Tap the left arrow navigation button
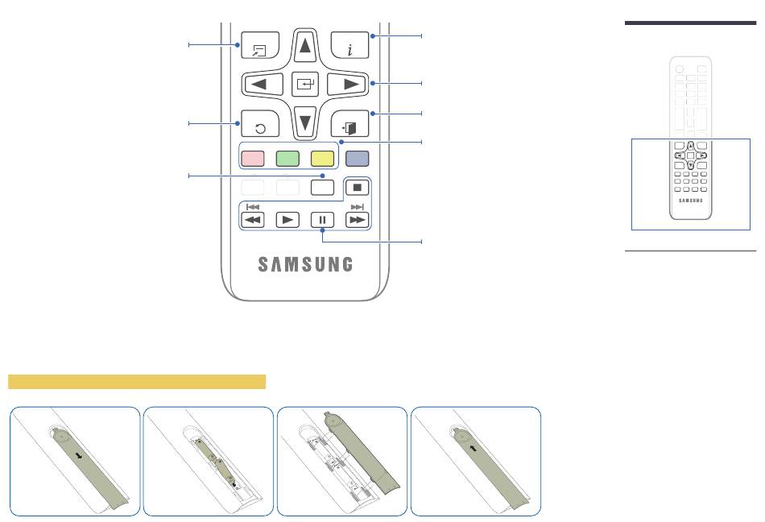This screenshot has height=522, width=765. pos(263,84)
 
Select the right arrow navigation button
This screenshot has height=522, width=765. pos(347,84)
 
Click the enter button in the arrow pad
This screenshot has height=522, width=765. pos(305,84)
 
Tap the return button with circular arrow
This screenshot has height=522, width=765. pos(260,124)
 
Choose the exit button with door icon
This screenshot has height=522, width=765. pos(349,124)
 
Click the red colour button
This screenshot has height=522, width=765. pos(253,159)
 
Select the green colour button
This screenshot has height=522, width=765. pos(287,159)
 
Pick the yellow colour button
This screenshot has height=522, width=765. pos(322,159)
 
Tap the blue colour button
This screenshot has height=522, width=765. pos(357,159)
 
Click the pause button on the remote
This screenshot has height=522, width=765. pos(322,220)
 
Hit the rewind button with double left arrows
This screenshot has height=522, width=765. pos(253,220)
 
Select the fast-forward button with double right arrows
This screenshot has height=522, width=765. pos(357,220)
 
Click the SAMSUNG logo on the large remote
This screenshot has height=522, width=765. pos(305,264)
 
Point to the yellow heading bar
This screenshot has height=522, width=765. pos(137,382)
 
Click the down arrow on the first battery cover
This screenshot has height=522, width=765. pos(79,457)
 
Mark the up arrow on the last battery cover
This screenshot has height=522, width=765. pos(473,448)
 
